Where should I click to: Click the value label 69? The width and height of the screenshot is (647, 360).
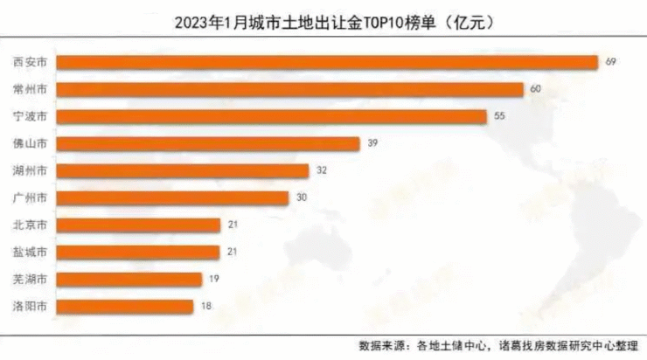click(x=611, y=61)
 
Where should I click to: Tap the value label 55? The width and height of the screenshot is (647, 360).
click(x=500, y=116)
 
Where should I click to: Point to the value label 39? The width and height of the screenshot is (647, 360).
click(x=373, y=143)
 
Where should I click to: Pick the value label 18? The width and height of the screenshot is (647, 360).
click(x=206, y=306)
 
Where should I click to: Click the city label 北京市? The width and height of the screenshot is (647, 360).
click(x=31, y=225)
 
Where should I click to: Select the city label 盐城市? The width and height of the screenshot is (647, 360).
click(x=31, y=252)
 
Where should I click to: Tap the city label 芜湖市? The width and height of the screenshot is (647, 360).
click(x=31, y=279)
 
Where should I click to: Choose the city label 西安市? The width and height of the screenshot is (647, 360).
click(x=31, y=61)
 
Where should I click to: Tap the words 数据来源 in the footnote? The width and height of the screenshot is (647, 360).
click(x=381, y=343)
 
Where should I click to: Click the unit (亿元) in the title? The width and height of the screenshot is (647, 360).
click(x=469, y=18)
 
